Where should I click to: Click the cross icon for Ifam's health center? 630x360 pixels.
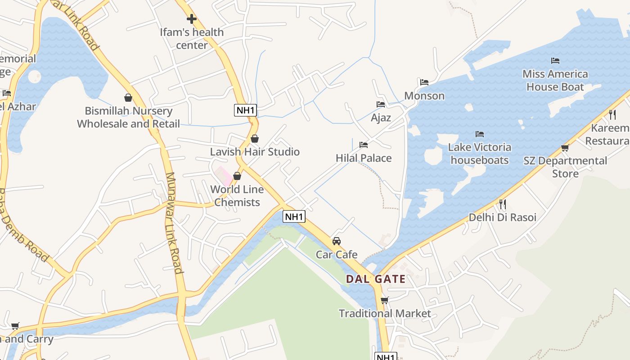tap(192, 19)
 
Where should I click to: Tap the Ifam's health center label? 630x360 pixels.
tap(192, 39)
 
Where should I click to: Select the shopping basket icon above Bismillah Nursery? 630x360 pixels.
tap(128, 98)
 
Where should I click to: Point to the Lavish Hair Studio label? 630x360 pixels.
tap(255, 152)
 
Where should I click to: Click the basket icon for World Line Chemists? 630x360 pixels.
tap(237, 176)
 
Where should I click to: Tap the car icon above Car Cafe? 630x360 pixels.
tap(337, 241)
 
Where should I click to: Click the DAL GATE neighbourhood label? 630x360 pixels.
tap(376, 279)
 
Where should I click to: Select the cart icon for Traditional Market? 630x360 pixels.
tap(384, 300)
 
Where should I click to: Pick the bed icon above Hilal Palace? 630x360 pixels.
tap(364, 145)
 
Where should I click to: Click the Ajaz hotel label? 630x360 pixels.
tap(381, 118)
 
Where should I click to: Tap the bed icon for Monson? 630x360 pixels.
tap(424, 82)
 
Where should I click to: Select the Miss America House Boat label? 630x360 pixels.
tap(555, 80)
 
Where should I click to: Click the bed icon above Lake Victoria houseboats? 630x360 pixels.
tap(480, 134)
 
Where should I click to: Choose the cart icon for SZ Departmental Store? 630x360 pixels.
tap(565, 148)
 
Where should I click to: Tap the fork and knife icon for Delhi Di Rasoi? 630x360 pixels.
tap(503, 204)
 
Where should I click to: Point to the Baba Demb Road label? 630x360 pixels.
tap(22, 225)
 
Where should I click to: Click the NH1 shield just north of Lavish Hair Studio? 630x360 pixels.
tap(245, 110)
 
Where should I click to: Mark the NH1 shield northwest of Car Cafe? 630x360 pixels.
tap(294, 216)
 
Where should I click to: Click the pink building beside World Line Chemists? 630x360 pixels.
tap(223, 175)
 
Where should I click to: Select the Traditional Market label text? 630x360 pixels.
tap(385, 314)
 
